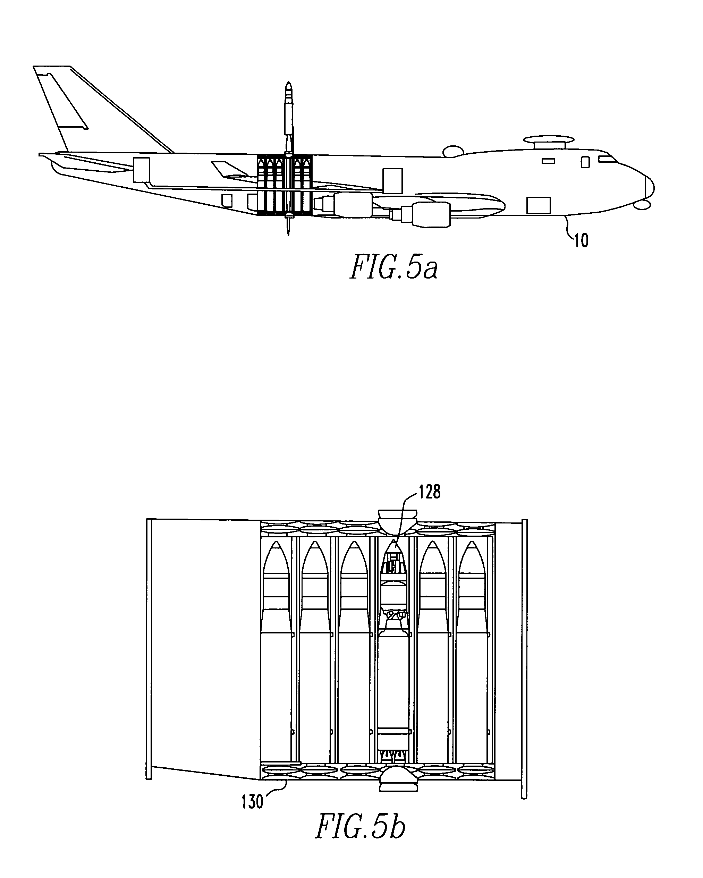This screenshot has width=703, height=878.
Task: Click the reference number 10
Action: point(581,241)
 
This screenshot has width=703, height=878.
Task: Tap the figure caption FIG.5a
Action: point(394,267)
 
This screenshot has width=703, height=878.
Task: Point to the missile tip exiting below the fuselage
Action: point(288,226)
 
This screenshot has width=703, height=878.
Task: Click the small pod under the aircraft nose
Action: point(643,205)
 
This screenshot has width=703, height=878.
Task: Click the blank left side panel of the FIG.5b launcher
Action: point(206,648)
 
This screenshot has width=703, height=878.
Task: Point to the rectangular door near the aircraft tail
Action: point(141,170)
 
